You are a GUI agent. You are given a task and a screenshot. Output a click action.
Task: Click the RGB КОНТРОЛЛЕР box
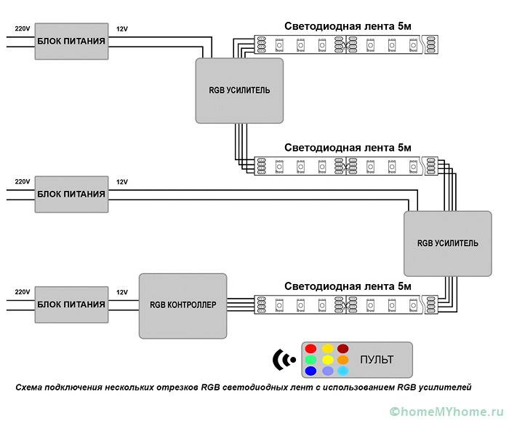click(x=183, y=305)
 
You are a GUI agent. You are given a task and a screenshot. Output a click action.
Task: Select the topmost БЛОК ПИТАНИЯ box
click(x=71, y=42)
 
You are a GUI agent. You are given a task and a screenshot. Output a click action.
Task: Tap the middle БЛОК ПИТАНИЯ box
click(x=71, y=194)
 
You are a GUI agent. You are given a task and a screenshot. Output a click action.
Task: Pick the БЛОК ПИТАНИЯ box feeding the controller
click(x=71, y=304)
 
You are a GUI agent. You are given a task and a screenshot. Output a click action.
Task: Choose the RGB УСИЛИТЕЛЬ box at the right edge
click(x=448, y=243)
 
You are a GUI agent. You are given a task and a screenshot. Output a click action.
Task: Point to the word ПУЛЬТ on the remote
click(x=376, y=360)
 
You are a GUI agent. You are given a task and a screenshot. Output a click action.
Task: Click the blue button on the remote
click(x=310, y=371)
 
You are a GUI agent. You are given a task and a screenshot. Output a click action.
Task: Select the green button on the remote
click(x=310, y=360)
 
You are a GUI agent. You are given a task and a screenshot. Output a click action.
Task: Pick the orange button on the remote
click(x=343, y=360)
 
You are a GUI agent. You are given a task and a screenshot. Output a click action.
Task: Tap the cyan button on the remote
click(x=343, y=371)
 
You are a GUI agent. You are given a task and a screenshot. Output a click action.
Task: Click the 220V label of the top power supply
click(x=23, y=29)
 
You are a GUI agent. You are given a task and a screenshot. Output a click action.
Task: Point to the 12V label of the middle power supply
click(x=121, y=181)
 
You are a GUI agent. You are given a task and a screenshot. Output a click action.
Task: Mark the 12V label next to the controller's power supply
click(x=121, y=291)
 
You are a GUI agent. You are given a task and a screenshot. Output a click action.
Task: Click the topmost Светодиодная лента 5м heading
click(x=348, y=26)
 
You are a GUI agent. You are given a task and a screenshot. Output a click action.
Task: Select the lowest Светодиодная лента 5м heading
click(x=348, y=286)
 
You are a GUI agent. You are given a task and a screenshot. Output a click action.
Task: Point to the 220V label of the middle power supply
click(x=23, y=181)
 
